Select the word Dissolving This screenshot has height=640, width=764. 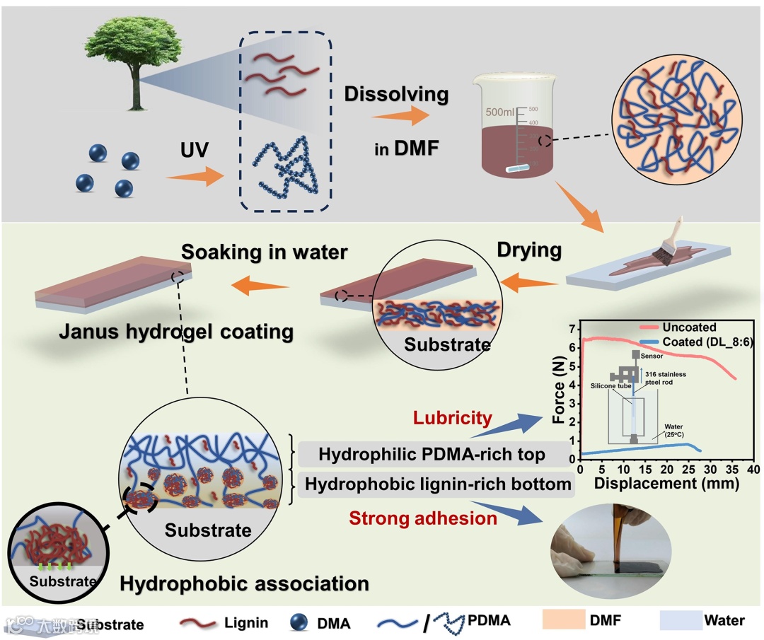[x=396, y=93]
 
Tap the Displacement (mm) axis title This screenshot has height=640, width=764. [x=666, y=484]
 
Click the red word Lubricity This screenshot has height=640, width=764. [x=453, y=418]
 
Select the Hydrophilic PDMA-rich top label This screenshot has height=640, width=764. [x=432, y=455]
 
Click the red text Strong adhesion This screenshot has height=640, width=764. [x=423, y=518]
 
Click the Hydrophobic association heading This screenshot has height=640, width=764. [x=244, y=584]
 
